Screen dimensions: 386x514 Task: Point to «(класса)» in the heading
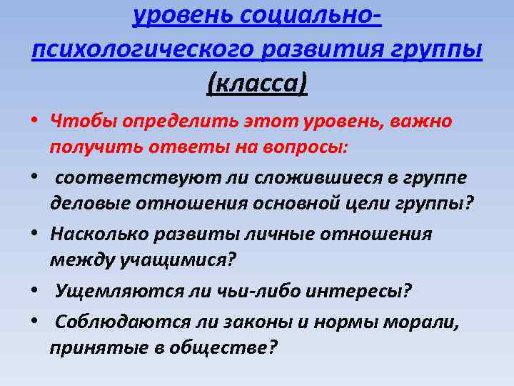(x=256, y=85)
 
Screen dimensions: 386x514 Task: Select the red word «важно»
(x=417, y=120)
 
